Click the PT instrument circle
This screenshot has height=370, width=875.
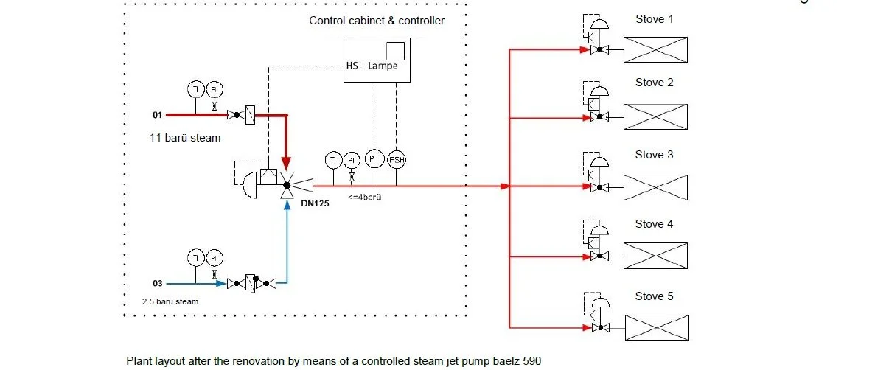tap(374, 160)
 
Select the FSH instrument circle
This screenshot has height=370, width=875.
tap(397, 160)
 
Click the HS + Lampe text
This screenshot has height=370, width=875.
tap(372, 66)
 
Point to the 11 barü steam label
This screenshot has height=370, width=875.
tap(185, 138)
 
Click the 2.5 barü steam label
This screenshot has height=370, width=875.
tap(170, 301)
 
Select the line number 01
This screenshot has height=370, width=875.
tap(157, 115)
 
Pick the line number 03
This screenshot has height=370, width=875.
tap(157, 282)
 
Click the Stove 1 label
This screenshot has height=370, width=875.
tap(654, 19)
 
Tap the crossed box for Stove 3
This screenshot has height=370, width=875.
tap(655, 187)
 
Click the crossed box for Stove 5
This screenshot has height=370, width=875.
tap(656, 327)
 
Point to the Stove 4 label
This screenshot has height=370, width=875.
tap(654, 224)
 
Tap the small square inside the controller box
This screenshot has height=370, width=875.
tap(395, 51)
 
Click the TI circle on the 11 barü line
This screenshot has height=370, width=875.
tap(196, 89)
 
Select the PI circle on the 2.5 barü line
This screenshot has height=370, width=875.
tap(214, 258)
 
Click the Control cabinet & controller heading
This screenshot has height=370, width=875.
tap(376, 21)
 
